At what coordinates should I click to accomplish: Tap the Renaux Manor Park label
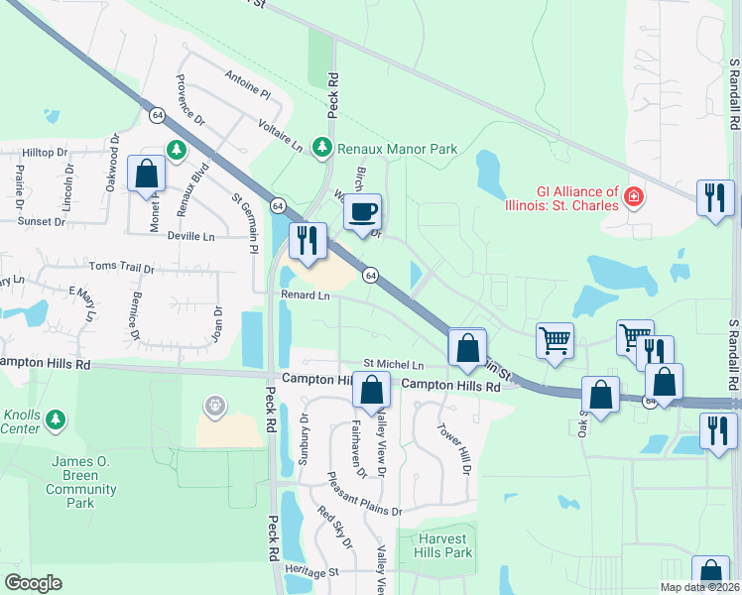[397, 149]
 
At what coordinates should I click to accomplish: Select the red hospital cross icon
[632, 201]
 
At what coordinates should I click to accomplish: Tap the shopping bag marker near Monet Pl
[147, 173]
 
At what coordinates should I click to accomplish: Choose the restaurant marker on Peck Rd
[308, 241]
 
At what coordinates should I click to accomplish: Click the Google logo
[33, 583]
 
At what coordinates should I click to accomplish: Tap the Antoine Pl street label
[247, 84]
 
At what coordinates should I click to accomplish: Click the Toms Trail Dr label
[122, 269]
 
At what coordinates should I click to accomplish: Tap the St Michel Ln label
[393, 365]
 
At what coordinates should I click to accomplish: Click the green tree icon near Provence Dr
[177, 150]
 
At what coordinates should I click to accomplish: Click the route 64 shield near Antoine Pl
[158, 115]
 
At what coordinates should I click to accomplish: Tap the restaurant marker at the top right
[714, 196]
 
